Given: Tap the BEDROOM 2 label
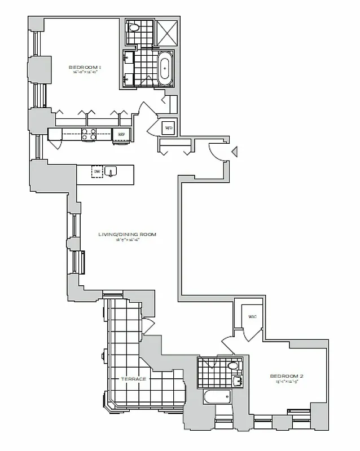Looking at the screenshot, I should (x=284, y=376).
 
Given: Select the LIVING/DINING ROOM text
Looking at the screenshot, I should (x=126, y=234).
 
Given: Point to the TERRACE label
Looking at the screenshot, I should (x=134, y=379).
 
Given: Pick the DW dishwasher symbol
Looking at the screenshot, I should (x=97, y=171).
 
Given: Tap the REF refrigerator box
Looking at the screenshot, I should (x=121, y=134).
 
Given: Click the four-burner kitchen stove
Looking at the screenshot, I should (x=89, y=134).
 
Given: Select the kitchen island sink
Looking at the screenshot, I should (x=112, y=171).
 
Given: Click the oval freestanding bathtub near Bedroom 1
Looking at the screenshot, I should (x=165, y=68).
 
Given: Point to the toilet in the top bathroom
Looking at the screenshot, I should (x=134, y=27).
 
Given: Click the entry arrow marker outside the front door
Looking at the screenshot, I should (x=236, y=151).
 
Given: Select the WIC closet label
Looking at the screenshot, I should (x=252, y=317).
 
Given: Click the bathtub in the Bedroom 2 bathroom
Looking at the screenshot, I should (x=217, y=397).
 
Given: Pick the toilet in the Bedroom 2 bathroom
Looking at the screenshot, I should (x=232, y=366).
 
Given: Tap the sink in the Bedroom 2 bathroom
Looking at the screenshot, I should (x=237, y=382).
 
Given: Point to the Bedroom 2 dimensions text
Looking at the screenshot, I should (x=284, y=382).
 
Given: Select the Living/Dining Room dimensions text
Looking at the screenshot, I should (x=126, y=240).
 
